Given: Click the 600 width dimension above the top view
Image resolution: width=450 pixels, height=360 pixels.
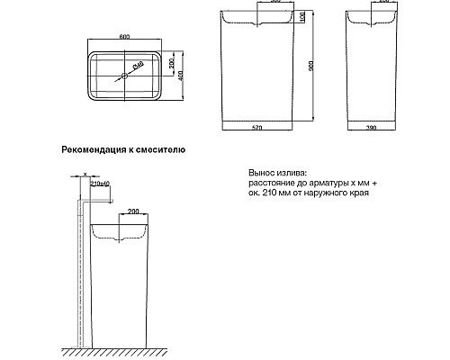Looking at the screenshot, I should [x=126, y=37].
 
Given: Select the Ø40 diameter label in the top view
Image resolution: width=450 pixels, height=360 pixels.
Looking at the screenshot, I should [x=139, y=66].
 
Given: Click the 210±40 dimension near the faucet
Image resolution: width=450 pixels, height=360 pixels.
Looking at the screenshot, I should [x=100, y=184].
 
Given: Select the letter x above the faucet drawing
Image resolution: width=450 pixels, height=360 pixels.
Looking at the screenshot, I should [x=84, y=175].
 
